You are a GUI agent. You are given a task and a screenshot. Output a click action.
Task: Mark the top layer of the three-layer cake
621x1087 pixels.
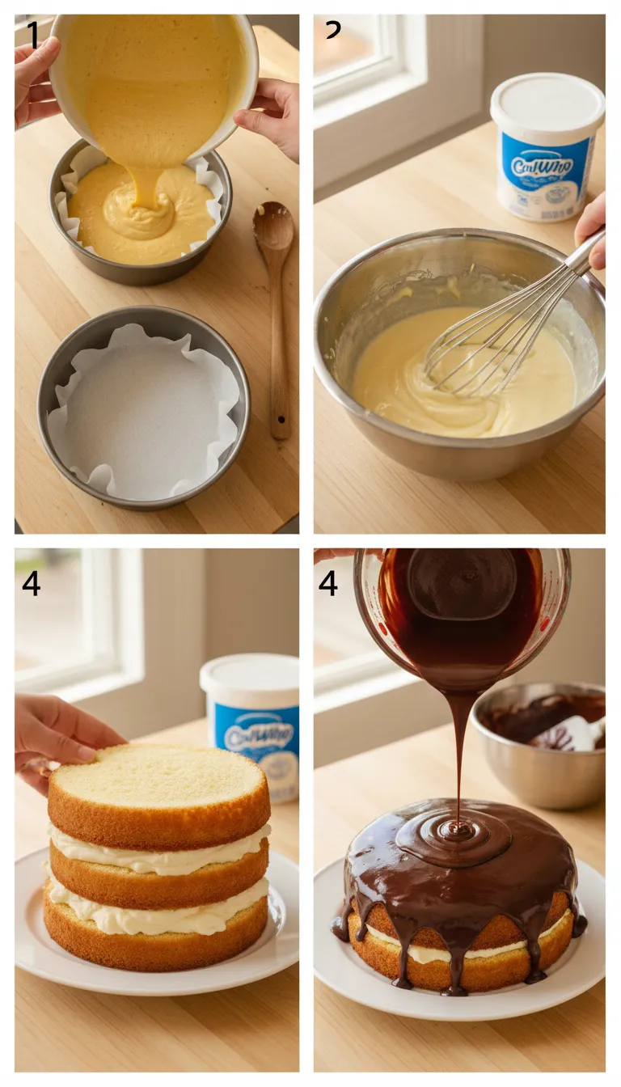[x=158, y=789]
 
